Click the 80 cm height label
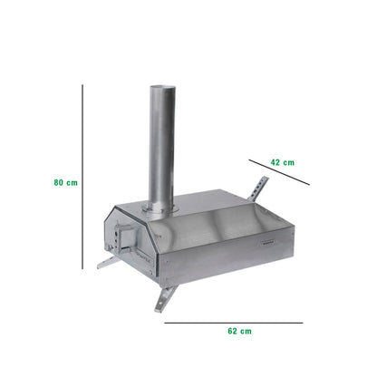tap(66, 182)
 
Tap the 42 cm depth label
tap(283, 162)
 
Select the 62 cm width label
tap(239, 332)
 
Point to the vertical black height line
tap(82, 181)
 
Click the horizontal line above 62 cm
tap(234, 321)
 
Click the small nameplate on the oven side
tap(269, 240)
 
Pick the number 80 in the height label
tap(59, 182)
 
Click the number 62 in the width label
tap(233, 332)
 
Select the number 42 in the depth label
tap(275, 162)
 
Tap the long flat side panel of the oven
tap(227, 254)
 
